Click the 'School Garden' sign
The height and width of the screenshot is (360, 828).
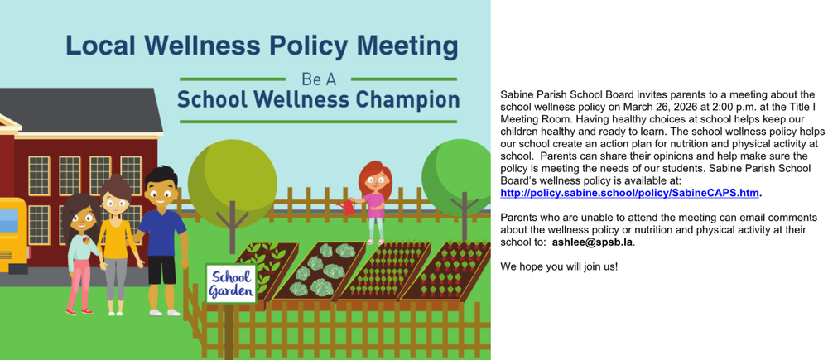230,283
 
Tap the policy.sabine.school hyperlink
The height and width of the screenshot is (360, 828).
629,193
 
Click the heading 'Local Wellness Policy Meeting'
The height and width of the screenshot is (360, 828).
261,45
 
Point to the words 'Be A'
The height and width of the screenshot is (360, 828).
318,80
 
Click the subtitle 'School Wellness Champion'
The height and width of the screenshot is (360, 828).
318,101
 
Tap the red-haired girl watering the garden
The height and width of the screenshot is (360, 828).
374,199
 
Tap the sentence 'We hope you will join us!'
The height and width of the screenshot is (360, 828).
559,266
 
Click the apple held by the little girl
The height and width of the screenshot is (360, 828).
85,241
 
